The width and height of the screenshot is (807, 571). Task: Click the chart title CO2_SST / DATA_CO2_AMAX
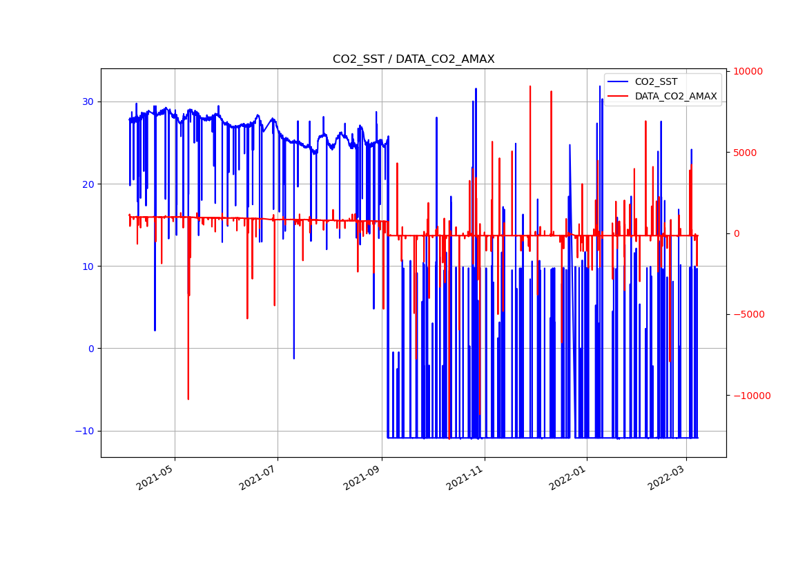(x=414, y=59)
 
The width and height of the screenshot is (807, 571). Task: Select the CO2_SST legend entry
(x=656, y=82)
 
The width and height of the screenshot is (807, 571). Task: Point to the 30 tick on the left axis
(x=89, y=101)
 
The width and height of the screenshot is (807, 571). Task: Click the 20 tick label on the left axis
(x=89, y=184)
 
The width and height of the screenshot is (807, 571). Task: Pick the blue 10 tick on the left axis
(x=89, y=267)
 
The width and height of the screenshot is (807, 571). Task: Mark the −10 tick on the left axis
(x=86, y=431)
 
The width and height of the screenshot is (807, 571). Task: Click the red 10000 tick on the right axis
(x=748, y=72)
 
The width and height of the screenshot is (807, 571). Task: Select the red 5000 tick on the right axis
(x=745, y=153)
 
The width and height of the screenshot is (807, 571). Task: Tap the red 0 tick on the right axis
(x=736, y=233)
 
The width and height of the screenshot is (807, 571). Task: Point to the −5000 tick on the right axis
(x=748, y=315)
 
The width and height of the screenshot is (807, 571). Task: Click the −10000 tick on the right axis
(x=750, y=396)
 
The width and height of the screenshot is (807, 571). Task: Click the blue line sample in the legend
(x=619, y=82)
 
